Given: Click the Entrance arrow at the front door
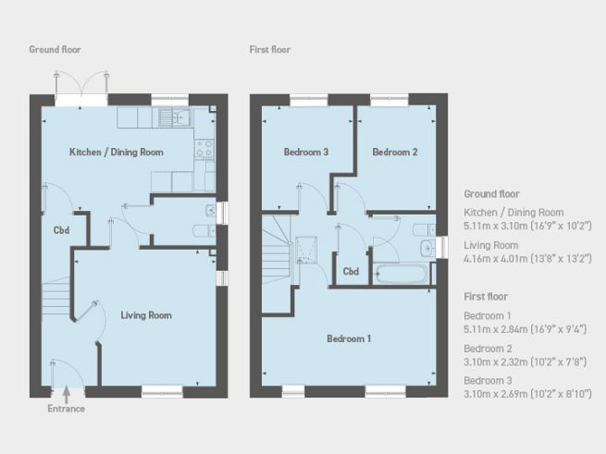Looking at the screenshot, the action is click(67, 394).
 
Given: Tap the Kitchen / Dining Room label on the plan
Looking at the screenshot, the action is click(117, 153).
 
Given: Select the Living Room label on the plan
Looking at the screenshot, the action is click(146, 315).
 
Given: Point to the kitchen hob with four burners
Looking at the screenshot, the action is click(204, 148).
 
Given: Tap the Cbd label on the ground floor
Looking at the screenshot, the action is click(61, 230).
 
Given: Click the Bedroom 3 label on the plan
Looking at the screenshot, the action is click(306, 153).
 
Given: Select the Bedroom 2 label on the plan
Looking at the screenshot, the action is click(395, 153).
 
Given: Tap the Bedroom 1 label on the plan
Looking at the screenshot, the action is click(349, 338).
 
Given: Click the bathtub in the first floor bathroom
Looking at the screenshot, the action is click(402, 274).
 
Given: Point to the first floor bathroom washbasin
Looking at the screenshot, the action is click(427, 248).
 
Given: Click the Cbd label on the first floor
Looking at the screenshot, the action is click(351, 271).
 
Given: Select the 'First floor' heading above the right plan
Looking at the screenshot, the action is click(270, 49).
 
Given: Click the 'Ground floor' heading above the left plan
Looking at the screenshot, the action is click(55, 49).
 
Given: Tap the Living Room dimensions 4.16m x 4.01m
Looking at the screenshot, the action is click(527, 259).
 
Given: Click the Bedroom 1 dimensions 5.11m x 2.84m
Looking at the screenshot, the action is click(526, 329).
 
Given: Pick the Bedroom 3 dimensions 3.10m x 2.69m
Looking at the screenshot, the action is click(527, 394).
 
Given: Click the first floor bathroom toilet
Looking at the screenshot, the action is click(424, 230).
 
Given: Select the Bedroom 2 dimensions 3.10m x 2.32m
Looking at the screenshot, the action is click(526, 362).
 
